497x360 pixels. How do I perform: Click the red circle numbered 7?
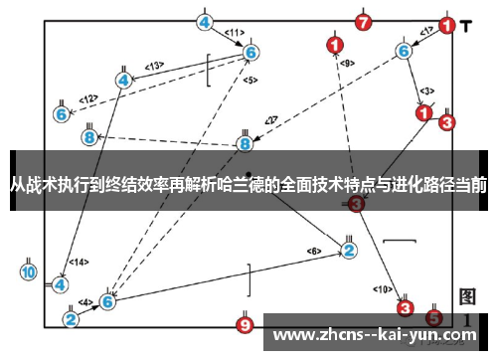pos(364,22)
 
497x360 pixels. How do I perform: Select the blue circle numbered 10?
pos(29,271)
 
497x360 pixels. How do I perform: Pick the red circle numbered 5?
pos(434,317)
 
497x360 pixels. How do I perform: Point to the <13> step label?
pos(153,67)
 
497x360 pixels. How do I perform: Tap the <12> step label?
pos(88,98)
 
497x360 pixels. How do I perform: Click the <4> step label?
pos(85,302)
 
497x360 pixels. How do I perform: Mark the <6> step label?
pos(314,250)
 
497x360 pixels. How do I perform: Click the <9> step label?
pos(347,63)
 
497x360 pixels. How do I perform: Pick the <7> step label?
pos(271,121)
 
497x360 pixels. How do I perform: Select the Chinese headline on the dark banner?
pos(248,184)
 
